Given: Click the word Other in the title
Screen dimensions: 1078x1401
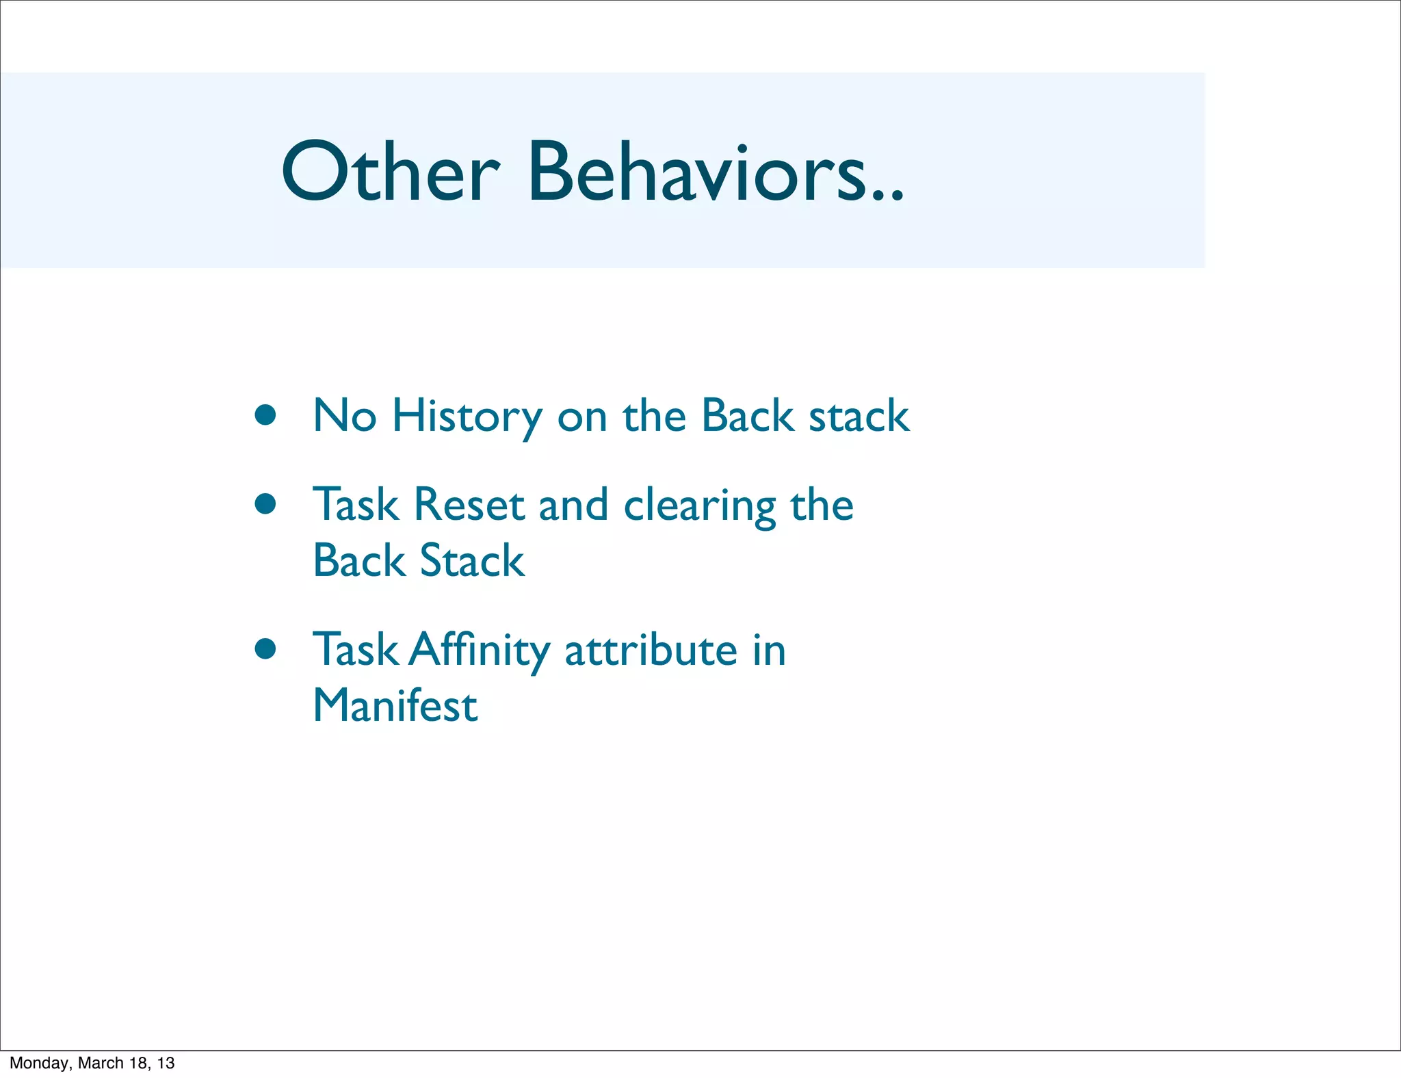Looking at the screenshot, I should pos(390,172).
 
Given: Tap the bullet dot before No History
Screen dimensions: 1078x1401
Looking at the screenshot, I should pos(265,415).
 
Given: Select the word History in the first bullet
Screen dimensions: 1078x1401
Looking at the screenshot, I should pos(467,417).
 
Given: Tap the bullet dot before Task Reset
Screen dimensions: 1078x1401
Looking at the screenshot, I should pos(265,504).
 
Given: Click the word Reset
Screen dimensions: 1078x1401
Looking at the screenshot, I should pos(469,505).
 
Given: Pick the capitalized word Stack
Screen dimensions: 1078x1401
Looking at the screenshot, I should pos(471,561).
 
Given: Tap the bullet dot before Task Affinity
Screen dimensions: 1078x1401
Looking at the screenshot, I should pos(265,648).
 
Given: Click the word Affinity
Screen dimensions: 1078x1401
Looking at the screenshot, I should pos(479,650).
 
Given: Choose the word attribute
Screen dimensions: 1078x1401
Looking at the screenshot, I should pos(651,650).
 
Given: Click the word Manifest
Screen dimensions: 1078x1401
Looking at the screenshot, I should pos(395,705).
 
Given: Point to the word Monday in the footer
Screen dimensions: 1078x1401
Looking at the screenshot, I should pos(39,1063).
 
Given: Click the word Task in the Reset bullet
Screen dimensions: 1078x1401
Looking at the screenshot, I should pos(355,505).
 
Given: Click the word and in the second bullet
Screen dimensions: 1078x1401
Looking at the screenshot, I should pos(573,505).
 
